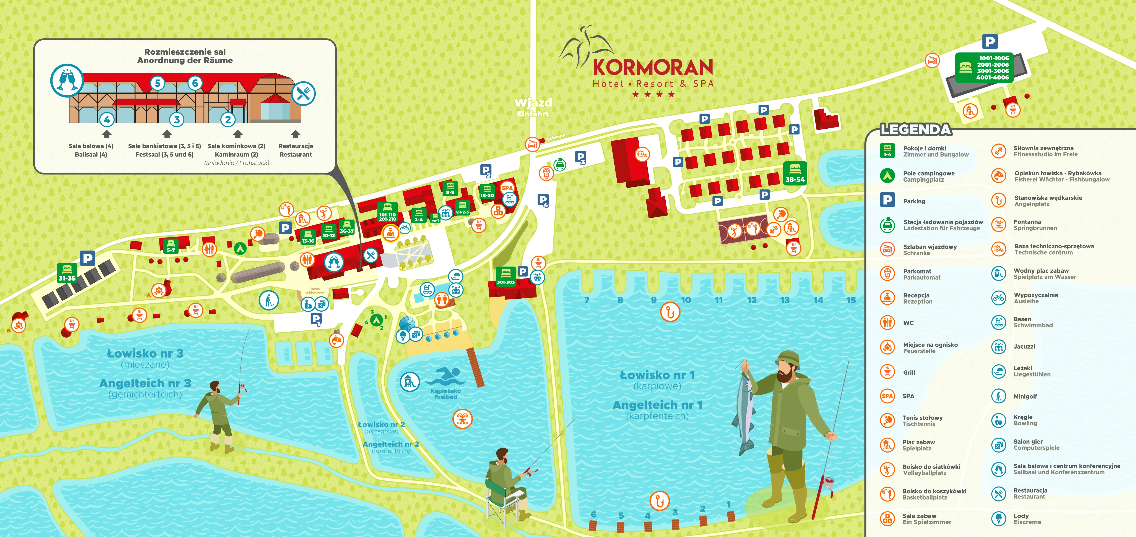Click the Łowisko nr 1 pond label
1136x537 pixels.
coord(657,375)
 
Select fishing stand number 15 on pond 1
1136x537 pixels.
coord(851,300)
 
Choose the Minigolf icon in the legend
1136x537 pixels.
coord(998,396)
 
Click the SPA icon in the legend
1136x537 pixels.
coord(887,396)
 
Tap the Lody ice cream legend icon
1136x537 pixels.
coord(998,518)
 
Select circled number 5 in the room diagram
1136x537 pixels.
coord(158,83)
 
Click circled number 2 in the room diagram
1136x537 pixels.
coord(228,120)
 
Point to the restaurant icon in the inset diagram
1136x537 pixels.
coord(303,94)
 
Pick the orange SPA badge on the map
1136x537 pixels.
coord(507,188)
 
